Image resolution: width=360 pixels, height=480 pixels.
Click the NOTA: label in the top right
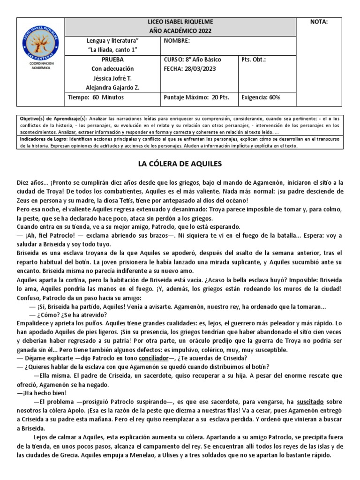coord(319,22)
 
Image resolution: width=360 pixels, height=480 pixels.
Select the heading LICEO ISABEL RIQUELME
coord(180,22)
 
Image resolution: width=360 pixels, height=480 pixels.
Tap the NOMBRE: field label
coord(177,41)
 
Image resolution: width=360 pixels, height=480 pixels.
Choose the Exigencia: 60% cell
coord(260,97)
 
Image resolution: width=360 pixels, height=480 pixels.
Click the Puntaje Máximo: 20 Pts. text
coord(196,97)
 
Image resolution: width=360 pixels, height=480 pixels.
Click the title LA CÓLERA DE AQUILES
coord(180,164)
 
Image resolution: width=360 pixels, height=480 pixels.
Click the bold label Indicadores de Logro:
coord(44,139)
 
